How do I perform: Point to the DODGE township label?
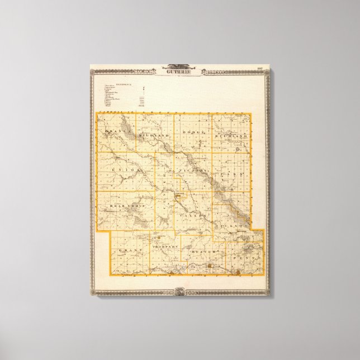click(x=191, y=134)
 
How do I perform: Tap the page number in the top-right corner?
click(x=259, y=69)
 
